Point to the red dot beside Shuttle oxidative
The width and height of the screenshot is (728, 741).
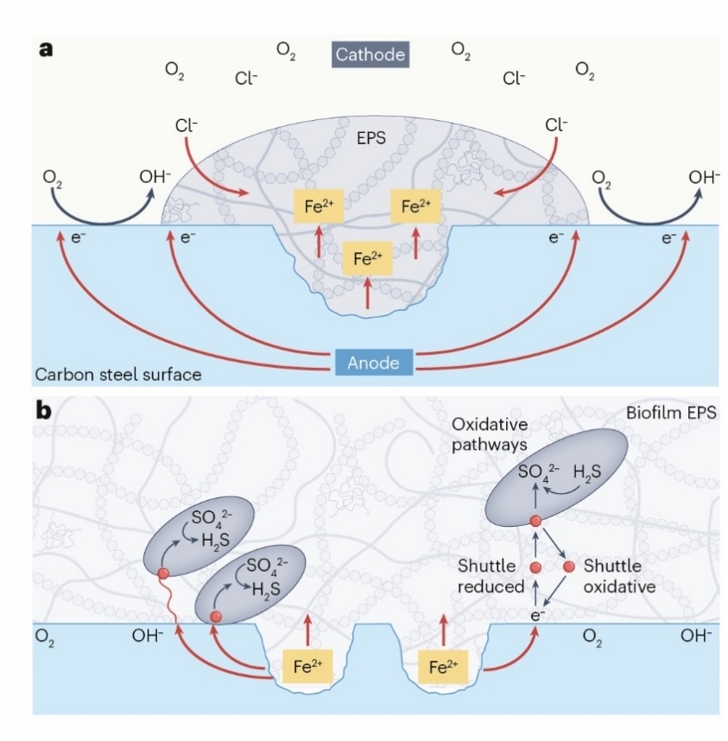(568, 567)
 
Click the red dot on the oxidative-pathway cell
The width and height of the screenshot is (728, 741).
(535, 521)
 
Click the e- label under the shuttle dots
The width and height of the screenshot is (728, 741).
(536, 614)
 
